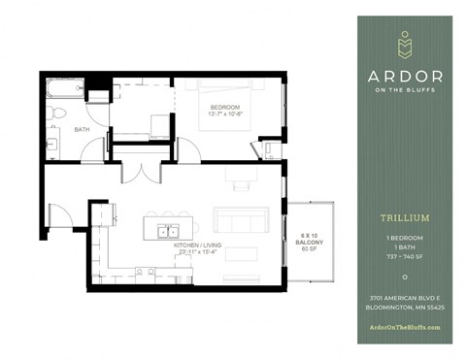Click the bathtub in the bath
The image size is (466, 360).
pyautogui.click(x=65, y=90)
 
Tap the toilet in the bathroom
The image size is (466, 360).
pyautogui.click(x=57, y=114)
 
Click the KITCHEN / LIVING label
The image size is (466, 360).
pyautogui.click(x=199, y=245)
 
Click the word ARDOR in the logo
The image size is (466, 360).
pyautogui.click(x=405, y=77)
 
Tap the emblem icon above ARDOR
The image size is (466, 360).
pyautogui.click(x=405, y=45)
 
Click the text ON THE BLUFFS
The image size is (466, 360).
pyautogui.click(x=405, y=92)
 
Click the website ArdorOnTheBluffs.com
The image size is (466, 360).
pyautogui.click(x=405, y=326)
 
